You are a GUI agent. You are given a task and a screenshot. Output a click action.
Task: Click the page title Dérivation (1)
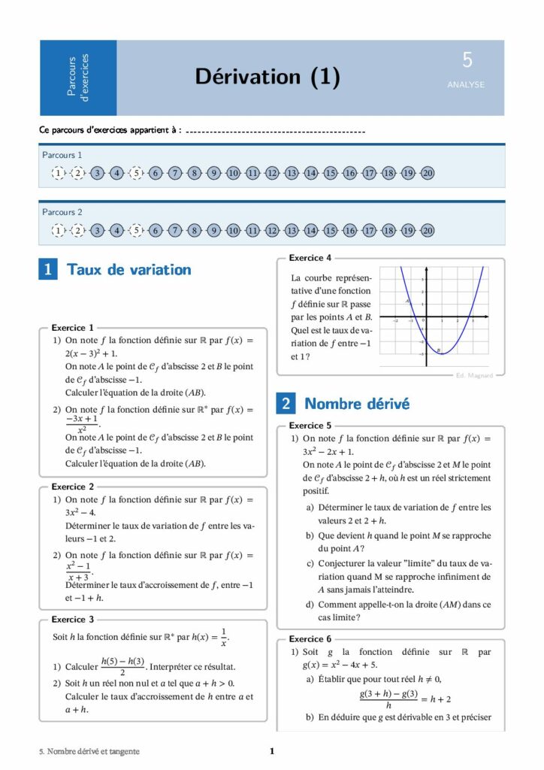click(267, 77)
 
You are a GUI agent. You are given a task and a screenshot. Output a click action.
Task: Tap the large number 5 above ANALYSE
click(467, 61)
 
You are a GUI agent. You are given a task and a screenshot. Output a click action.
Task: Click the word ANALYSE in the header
click(466, 85)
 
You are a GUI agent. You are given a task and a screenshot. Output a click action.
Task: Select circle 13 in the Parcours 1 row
click(292, 173)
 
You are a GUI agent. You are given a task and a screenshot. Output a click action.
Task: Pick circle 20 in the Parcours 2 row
click(428, 230)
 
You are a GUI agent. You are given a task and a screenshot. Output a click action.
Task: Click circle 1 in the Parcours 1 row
click(59, 173)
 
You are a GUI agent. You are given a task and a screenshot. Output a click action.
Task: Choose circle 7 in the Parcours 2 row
click(175, 230)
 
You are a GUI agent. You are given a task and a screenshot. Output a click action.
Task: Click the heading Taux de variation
click(129, 269)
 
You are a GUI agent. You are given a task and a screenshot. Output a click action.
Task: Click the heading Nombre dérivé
click(357, 404)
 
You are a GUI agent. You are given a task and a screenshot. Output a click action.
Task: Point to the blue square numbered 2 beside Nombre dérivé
click(286, 404)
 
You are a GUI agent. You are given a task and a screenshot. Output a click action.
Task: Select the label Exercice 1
click(73, 328)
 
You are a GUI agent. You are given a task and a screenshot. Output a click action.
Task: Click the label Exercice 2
click(73, 487)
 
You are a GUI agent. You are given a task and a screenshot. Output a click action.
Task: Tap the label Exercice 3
click(73, 620)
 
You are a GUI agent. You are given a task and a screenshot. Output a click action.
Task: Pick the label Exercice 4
click(310, 258)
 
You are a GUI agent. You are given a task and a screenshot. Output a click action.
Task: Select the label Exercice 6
click(310, 639)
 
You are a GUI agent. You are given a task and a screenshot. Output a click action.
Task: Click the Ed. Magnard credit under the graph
click(474, 375)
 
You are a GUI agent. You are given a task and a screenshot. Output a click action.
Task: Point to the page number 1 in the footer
click(272, 751)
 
